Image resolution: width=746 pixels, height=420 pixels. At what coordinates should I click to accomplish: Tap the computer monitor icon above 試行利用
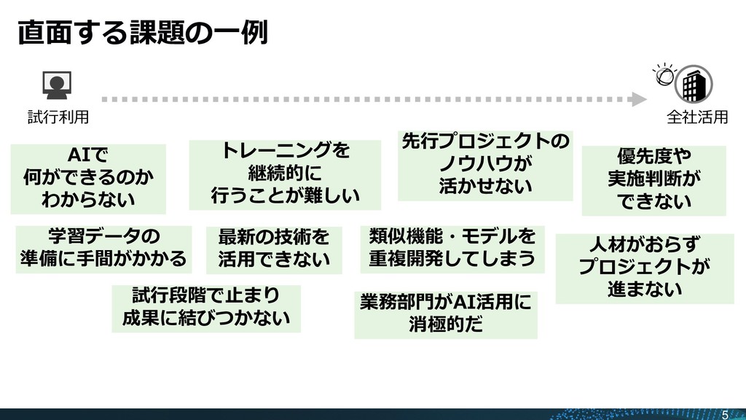click(55, 87)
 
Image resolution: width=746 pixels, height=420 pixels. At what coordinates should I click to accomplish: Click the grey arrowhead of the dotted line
click(639, 98)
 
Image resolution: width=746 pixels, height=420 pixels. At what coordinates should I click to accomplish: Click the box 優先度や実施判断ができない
click(653, 179)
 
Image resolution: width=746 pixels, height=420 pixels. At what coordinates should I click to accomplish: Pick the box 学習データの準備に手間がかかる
click(103, 248)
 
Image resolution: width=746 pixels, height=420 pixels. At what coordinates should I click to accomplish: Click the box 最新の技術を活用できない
click(273, 249)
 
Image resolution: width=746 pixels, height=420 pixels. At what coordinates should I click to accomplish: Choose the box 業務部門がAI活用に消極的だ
click(445, 314)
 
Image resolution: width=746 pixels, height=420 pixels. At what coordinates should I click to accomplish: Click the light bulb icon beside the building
click(663, 74)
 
